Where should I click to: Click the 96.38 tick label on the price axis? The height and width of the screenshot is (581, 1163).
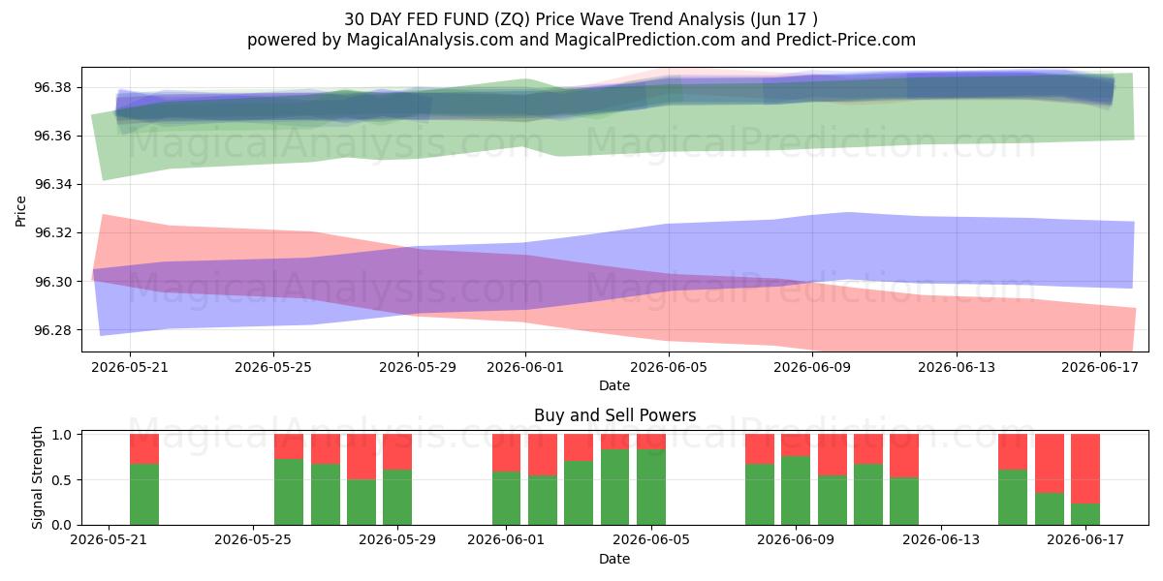pyautogui.click(x=51, y=87)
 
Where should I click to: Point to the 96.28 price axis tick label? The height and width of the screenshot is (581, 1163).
pyautogui.click(x=51, y=330)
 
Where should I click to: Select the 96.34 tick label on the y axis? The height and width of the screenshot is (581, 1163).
pyautogui.click(x=51, y=184)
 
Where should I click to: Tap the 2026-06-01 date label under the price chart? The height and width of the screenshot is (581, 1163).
pyautogui.click(x=525, y=367)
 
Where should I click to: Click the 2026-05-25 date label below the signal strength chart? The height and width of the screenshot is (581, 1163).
pyautogui.click(x=253, y=539)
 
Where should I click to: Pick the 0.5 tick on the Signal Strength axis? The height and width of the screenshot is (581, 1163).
pyautogui.click(x=62, y=480)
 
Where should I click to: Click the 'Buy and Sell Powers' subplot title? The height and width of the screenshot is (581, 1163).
pyautogui.click(x=614, y=415)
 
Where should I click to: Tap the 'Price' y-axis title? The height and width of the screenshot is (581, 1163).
pyautogui.click(x=20, y=211)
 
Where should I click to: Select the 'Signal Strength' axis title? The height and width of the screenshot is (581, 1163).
pyautogui.click(x=37, y=477)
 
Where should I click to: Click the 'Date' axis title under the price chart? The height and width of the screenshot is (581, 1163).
pyautogui.click(x=614, y=385)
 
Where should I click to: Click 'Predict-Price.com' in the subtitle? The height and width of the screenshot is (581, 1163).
pyautogui.click(x=846, y=40)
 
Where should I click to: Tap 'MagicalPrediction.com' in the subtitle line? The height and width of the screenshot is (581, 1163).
pyautogui.click(x=644, y=40)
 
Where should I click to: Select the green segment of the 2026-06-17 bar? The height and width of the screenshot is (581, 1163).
pyautogui.click(x=1085, y=514)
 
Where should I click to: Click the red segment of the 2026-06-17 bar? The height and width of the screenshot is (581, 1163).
pyautogui.click(x=1085, y=469)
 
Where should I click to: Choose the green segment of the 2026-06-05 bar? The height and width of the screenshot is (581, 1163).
pyautogui.click(x=651, y=487)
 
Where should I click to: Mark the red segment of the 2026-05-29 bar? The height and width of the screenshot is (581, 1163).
pyautogui.click(x=397, y=452)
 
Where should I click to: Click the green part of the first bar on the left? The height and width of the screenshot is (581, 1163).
pyautogui.click(x=144, y=495)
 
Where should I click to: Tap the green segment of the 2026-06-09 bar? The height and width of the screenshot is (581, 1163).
pyautogui.click(x=796, y=491)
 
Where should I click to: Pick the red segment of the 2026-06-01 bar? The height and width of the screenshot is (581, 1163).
pyautogui.click(x=506, y=453)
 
